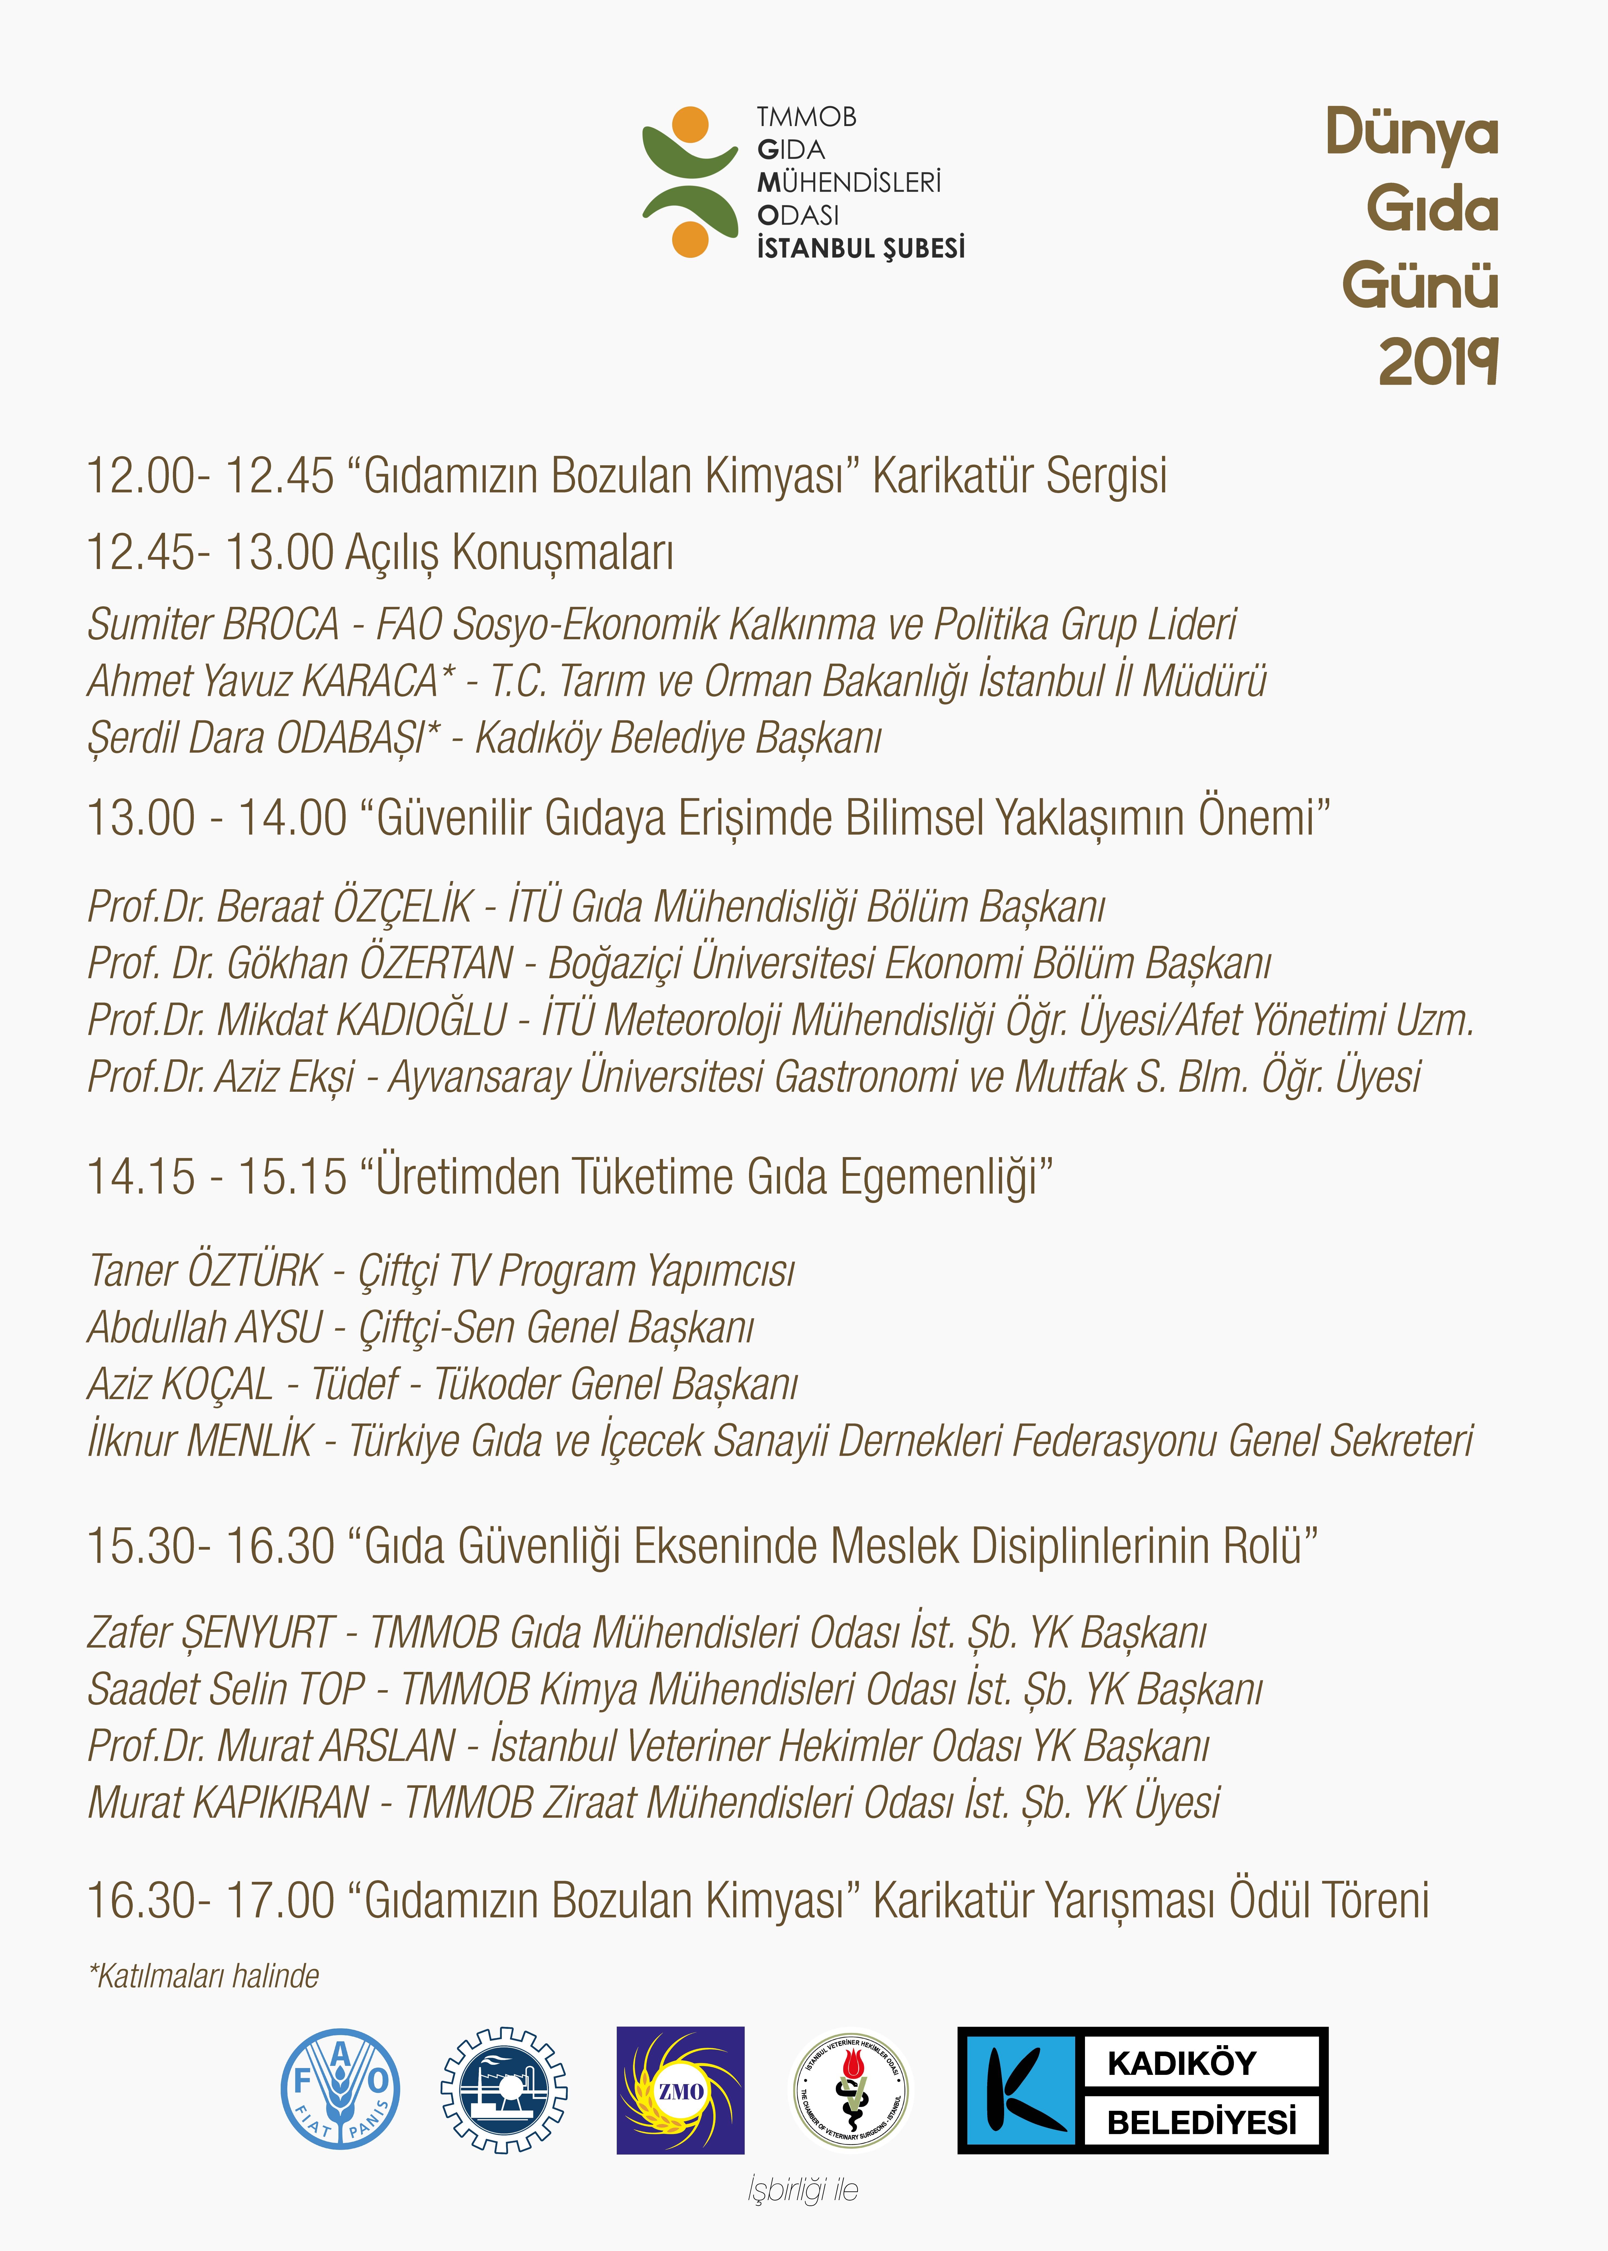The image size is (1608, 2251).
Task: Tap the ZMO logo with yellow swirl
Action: [680, 2090]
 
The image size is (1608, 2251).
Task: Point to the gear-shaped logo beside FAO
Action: [504, 2090]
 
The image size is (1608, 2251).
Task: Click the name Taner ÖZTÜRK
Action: [205, 1271]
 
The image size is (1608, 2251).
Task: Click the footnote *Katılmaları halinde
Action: [204, 1976]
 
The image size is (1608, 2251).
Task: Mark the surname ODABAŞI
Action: [358, 738]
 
